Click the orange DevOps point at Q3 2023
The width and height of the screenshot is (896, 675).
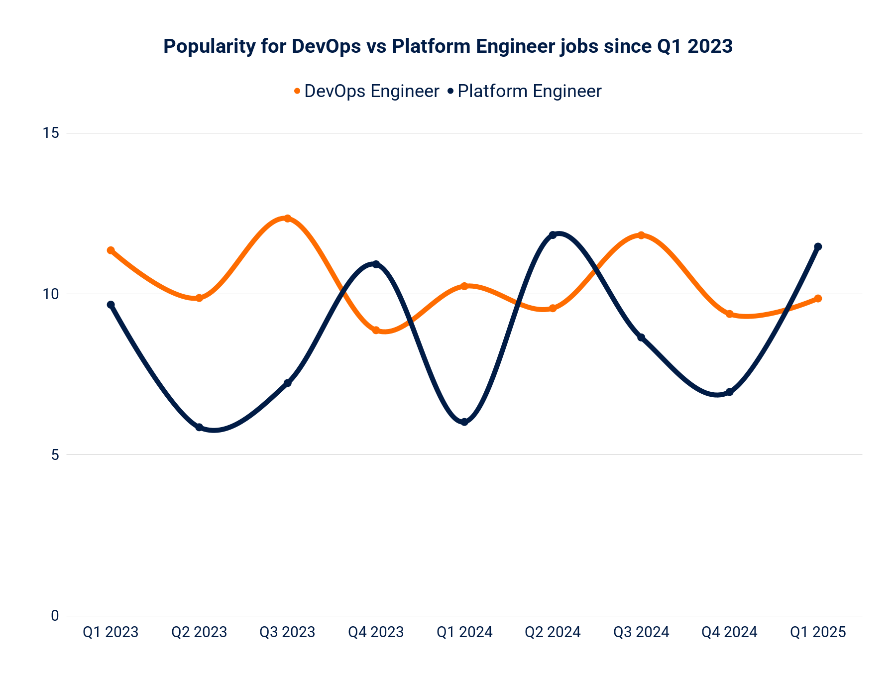point(287,219)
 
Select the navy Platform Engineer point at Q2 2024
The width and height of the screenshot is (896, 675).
point(553,235)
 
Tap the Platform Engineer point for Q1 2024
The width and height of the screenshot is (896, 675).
point(464,422)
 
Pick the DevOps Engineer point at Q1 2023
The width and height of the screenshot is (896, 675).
point(111,250)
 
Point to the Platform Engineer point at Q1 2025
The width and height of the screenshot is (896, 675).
point(818,247)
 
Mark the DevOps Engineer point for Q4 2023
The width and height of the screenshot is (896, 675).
point(376,331)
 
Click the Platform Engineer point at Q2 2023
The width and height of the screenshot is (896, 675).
point(199,428)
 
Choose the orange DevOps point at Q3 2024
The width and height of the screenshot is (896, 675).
point(641,235)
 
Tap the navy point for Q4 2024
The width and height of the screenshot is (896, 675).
point(730,392)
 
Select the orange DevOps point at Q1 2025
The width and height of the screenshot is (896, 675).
point(818,299)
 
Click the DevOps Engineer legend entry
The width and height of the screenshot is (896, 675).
point(366,92)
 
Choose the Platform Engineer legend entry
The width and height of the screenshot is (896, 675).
point(525,92)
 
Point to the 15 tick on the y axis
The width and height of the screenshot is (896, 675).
point(51,133)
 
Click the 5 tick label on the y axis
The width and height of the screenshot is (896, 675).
point(55,455)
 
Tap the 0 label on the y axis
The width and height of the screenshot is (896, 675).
point(55,616)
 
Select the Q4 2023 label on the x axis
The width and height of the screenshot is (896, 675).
point(376,632)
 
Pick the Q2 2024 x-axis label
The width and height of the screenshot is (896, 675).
point(553,632)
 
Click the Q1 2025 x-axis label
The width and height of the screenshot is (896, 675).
point(818,632)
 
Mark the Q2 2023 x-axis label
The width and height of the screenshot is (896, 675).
point(199,632)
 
